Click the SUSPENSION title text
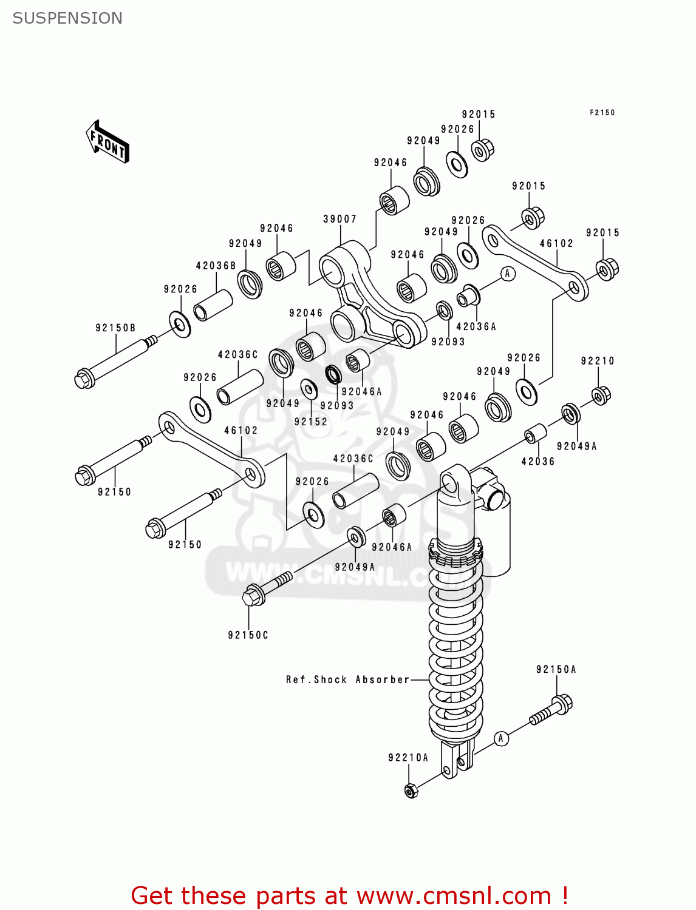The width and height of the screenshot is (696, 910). [x=67, y=18]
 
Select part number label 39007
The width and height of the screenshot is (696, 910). [x=339, y=219]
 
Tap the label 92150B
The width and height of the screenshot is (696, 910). [x=115, y=328]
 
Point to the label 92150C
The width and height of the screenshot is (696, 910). [x=248, y=635]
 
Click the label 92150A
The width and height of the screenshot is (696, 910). [x=556, y=670]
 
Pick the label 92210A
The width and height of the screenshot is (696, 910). [x=408, y=758]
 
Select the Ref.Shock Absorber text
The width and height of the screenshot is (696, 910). [x=348, y=680]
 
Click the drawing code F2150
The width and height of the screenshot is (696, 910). [x=602, y=113]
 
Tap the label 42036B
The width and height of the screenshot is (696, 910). [x=216, y=266]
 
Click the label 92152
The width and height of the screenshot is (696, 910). [x=310, y=422]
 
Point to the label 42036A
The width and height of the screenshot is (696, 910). [x=476, y=327]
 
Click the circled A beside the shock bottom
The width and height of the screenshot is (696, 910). [x=500, y=738]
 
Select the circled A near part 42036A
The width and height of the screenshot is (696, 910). [x=508, y=274]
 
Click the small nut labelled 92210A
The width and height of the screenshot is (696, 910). [x=411, y=791]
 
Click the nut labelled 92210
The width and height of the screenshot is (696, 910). [x=601, y=396]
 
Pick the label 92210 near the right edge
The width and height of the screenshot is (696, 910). [x=598, y=361]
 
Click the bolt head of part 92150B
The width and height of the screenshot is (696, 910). [x=84, y=379]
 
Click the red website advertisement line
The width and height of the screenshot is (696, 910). [x=349, y=896]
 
